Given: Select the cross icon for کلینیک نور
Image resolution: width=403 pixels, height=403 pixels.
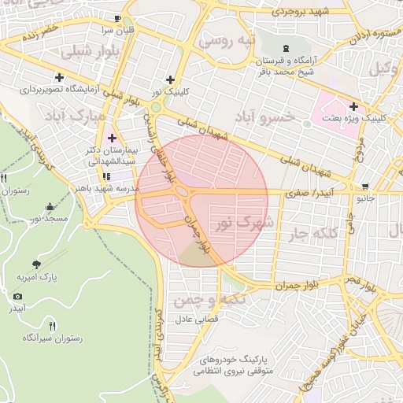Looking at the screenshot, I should pos(170,79).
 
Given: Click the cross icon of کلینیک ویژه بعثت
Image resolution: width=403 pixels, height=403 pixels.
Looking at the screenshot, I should pos(353,105).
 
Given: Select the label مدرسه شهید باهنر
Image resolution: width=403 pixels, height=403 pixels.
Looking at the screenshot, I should pos(108,189).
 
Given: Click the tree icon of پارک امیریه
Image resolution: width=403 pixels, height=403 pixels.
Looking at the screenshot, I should pos(36,264).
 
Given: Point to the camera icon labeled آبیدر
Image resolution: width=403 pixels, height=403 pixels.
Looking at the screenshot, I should pos(17,297).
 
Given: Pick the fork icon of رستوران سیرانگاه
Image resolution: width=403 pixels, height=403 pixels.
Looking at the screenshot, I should pos(53,325).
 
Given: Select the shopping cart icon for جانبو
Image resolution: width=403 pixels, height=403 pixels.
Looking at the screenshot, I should pos(364,187).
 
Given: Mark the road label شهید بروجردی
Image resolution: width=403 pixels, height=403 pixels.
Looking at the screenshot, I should pos(298,12).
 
